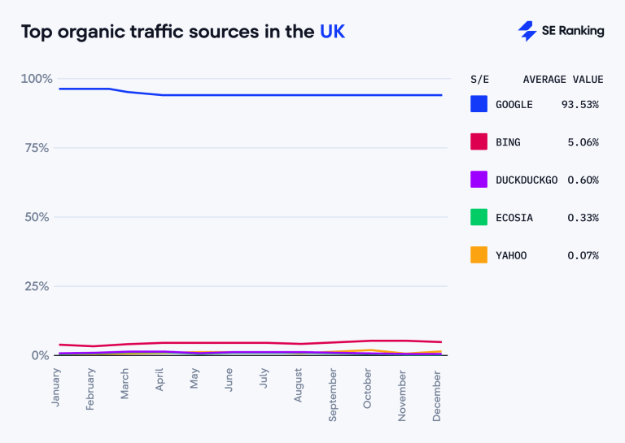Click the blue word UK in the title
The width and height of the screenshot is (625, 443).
[333, 32]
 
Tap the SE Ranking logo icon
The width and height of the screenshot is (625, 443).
[527, 31]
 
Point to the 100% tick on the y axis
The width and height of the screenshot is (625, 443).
[36, 79]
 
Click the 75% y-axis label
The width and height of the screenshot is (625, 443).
[37, 148]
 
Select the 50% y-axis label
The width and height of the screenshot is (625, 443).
[37, 217]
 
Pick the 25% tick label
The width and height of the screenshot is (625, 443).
[37, 286]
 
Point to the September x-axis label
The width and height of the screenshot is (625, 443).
[334, 393]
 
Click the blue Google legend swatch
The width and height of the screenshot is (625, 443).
[479, 104]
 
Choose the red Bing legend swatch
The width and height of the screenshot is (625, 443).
[479, 142]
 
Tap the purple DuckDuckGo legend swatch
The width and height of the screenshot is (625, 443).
[479, 180]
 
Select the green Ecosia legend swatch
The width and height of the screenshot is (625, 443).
[479, 218]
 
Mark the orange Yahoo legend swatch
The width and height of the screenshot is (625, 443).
[479, 255]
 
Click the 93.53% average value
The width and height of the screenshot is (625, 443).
[579, 105]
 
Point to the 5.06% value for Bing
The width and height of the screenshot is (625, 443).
[583, 142]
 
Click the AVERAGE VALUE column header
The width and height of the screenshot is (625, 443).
[562, 80]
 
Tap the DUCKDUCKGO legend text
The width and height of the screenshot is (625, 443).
[526, 180]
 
